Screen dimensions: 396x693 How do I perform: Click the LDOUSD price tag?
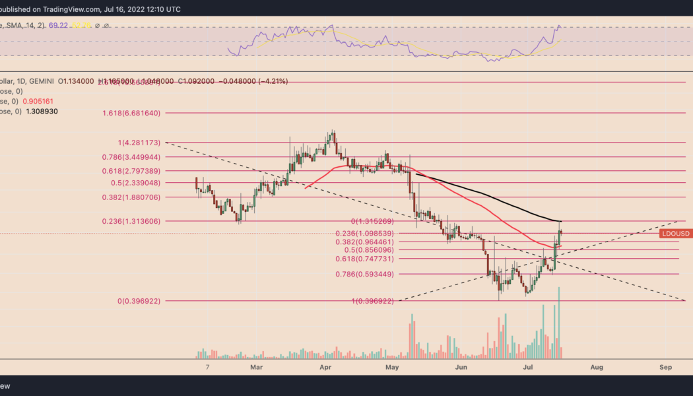click(676, 234)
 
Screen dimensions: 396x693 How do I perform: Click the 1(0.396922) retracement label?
click(373, 301)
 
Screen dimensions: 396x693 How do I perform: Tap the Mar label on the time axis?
click(257, 366)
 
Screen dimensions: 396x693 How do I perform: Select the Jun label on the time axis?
click(461, 366)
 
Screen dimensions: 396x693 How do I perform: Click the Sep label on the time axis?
click(665, 366)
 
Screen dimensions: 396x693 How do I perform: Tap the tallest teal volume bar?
click(559, 323)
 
